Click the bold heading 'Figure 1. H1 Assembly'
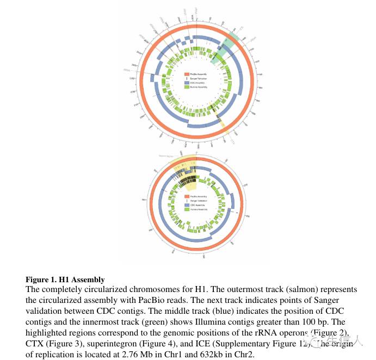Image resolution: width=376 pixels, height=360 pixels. point(65,280)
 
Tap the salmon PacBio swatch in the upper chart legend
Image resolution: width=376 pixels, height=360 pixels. point(187,73)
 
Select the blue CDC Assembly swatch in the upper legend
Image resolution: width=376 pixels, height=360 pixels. point(187,83)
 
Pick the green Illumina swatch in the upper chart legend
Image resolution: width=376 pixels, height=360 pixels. point(187,87)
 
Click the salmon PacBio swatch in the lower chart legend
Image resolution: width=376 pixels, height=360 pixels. point(187,196)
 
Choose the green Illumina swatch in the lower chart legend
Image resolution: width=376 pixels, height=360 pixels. point(187,209)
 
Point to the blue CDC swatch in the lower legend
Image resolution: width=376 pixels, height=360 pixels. point(187,204)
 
